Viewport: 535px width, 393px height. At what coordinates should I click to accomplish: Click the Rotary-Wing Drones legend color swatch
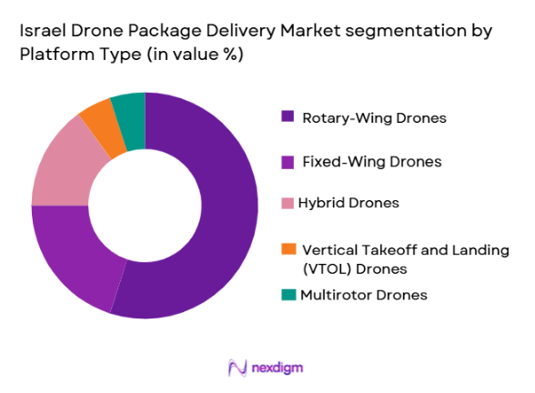288,116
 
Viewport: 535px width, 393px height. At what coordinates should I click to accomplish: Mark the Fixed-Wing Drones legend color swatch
288,161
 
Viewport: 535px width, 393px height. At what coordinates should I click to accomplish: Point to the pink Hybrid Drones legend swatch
288,202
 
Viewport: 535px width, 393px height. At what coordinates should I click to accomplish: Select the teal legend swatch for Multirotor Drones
288,294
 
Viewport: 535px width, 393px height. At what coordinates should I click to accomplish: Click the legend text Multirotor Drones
364,295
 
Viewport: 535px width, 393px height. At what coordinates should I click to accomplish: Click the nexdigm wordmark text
279,368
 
